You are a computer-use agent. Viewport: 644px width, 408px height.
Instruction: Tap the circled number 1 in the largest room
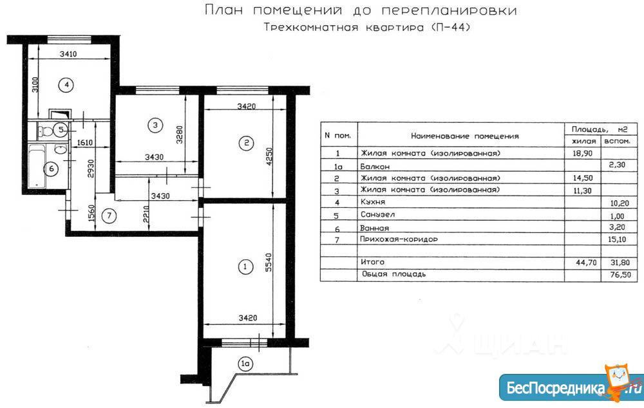pos(243,266)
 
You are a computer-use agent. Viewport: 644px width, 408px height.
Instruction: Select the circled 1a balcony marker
pos(245,365)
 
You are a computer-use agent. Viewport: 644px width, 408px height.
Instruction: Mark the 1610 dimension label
pos(86,143)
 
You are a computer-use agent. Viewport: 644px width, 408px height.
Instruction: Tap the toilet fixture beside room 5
pos(45,131)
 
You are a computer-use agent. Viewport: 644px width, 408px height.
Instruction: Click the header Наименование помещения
pos(464,136)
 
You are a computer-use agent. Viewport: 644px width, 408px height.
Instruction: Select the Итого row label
pos(373,262)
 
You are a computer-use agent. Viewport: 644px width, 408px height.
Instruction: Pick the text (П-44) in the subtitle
pos(447,28)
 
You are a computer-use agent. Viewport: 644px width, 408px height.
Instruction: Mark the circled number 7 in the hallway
pos(109,216)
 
